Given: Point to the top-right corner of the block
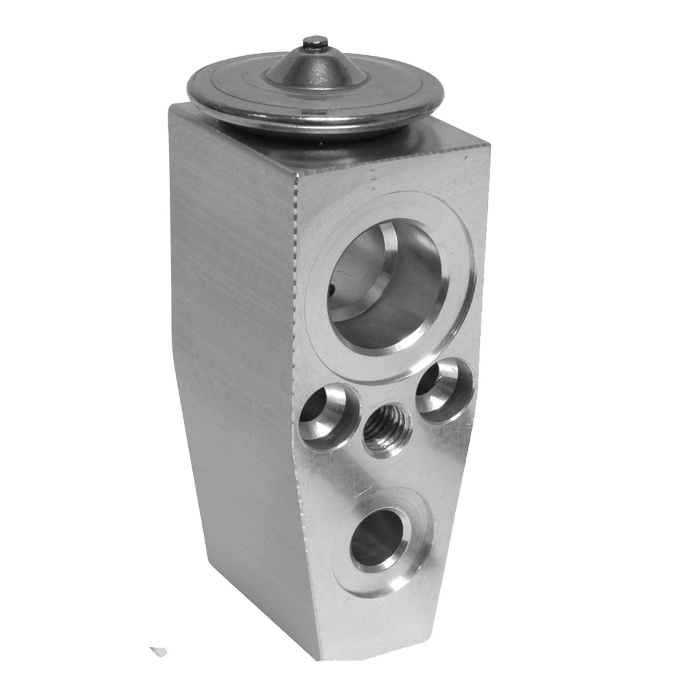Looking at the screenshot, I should [x=489, y=144].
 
